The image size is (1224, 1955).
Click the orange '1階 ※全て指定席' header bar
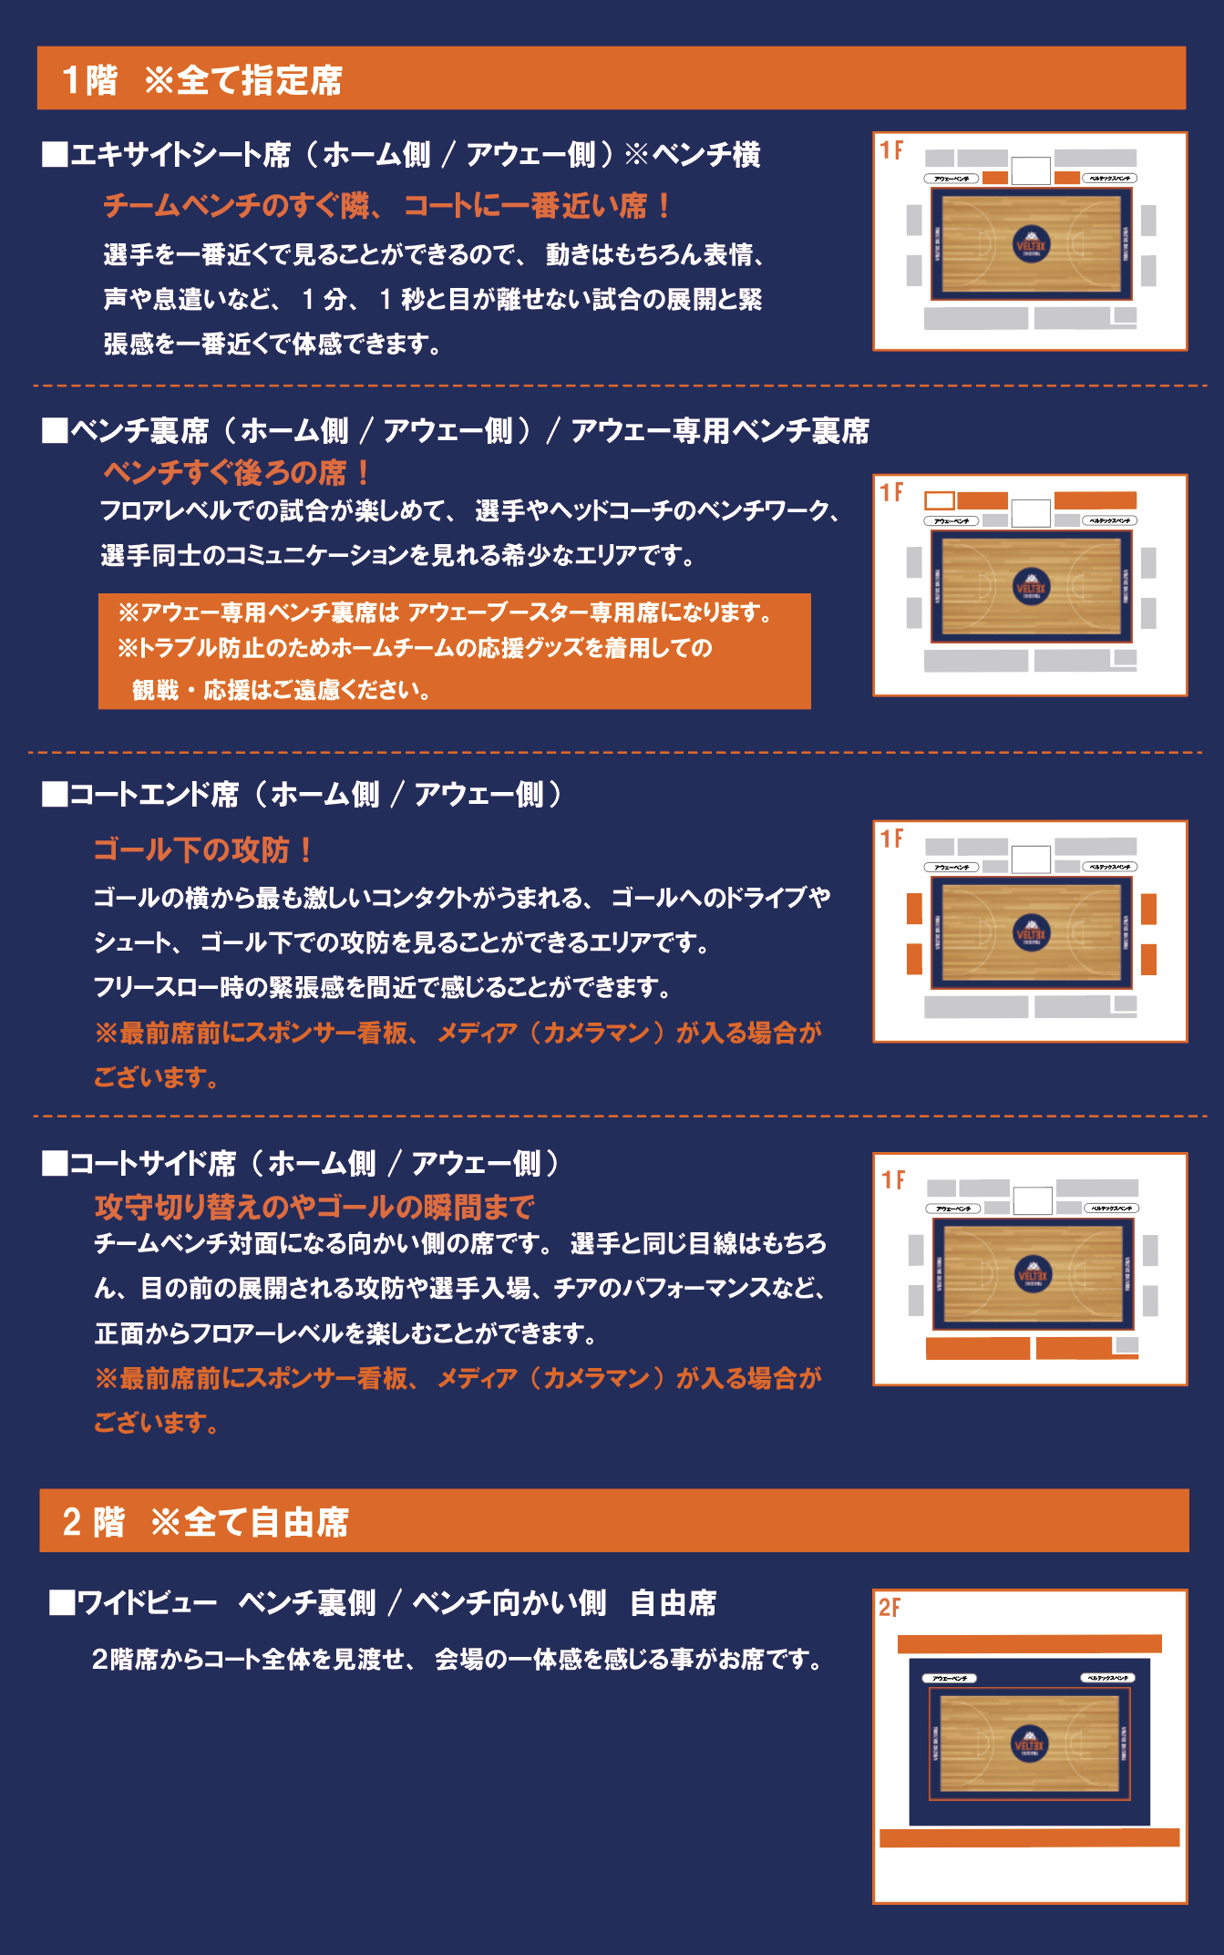click(611, 78)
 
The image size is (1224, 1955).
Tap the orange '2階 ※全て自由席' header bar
click(613, 1520)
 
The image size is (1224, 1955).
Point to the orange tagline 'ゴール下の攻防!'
click(204, 849)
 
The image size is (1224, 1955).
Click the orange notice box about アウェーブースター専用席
click(454, 651)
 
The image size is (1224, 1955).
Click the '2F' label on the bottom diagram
click(890, 1608)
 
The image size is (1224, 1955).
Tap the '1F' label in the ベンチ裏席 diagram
click(891, 493)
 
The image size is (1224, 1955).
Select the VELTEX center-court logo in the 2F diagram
click(1030, 1744)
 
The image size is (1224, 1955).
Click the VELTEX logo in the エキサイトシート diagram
click(1032, 243)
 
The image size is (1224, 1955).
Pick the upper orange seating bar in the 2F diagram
click(1029, 1643)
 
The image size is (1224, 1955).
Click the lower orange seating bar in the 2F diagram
click(1029, 1837)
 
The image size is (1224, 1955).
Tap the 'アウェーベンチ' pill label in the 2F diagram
click(950, 1678)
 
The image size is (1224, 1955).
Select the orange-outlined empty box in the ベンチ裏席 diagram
click(939, 500)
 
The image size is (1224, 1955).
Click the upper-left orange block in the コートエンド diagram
click(914, 908)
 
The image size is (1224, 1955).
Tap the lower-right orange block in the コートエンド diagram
click(1148, 959)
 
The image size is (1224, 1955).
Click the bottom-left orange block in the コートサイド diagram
click(977, 1348)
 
